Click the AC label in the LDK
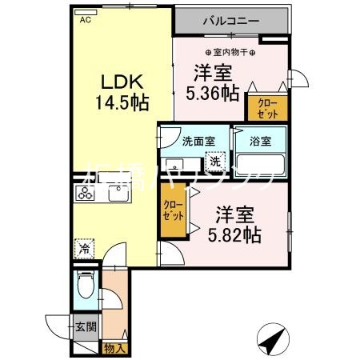click(x=83, y=22)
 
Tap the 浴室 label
click(x=259, y=142)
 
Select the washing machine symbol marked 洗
click(x=215, y=162)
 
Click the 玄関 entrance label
click(x=86, y=326)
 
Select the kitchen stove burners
click(x=86, y=193)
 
